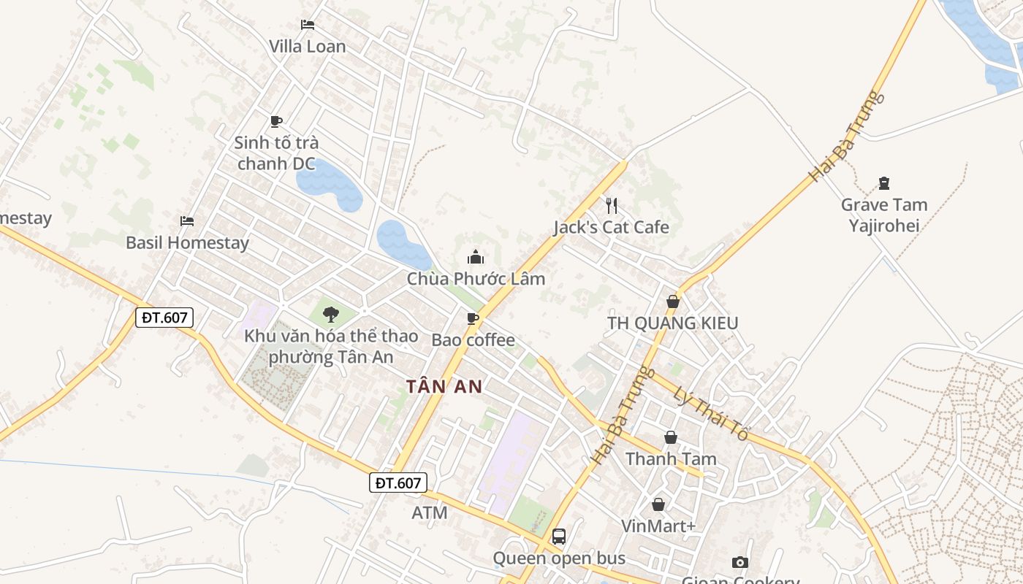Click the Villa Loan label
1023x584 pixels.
307,46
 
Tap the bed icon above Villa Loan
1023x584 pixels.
308,25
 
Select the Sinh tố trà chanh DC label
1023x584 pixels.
276,153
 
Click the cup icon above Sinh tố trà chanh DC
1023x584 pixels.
275,121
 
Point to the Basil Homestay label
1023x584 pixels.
187,242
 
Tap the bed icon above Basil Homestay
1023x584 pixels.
187,220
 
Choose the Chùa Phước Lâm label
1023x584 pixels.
476,279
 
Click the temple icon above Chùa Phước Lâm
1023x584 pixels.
476,257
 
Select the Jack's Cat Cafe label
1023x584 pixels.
611,227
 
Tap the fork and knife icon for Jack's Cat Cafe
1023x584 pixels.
612,205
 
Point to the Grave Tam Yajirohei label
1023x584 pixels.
884,215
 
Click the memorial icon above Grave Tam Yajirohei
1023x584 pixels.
884,182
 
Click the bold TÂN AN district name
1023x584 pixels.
444,387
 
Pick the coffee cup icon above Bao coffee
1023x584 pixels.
473,318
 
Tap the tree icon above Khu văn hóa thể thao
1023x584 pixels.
331,315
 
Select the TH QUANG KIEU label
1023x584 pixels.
673,323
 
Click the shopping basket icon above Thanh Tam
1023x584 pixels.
671,437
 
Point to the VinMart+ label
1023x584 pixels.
658,526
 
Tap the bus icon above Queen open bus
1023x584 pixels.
559,537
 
